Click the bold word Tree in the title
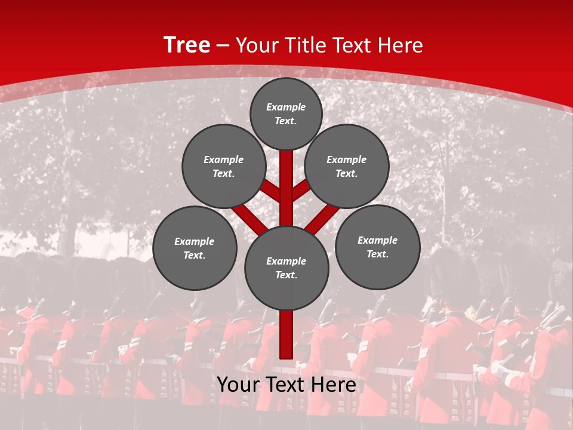pos(187,45)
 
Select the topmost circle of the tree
pos(286,113)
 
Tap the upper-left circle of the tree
pos(224,166)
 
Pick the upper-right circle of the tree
pos(347,166)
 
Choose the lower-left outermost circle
pos(195,248)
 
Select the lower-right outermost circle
pos(377,247)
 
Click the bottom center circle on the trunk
pos(286,268)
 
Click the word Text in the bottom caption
pos(286,385)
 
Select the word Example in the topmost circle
pos(286,107)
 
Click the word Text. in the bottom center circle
pos(286,275)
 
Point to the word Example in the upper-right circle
pos(347,159)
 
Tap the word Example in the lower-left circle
pos(195,241)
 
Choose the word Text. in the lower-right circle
pos(377,254)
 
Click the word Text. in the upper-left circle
pos(224,174)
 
